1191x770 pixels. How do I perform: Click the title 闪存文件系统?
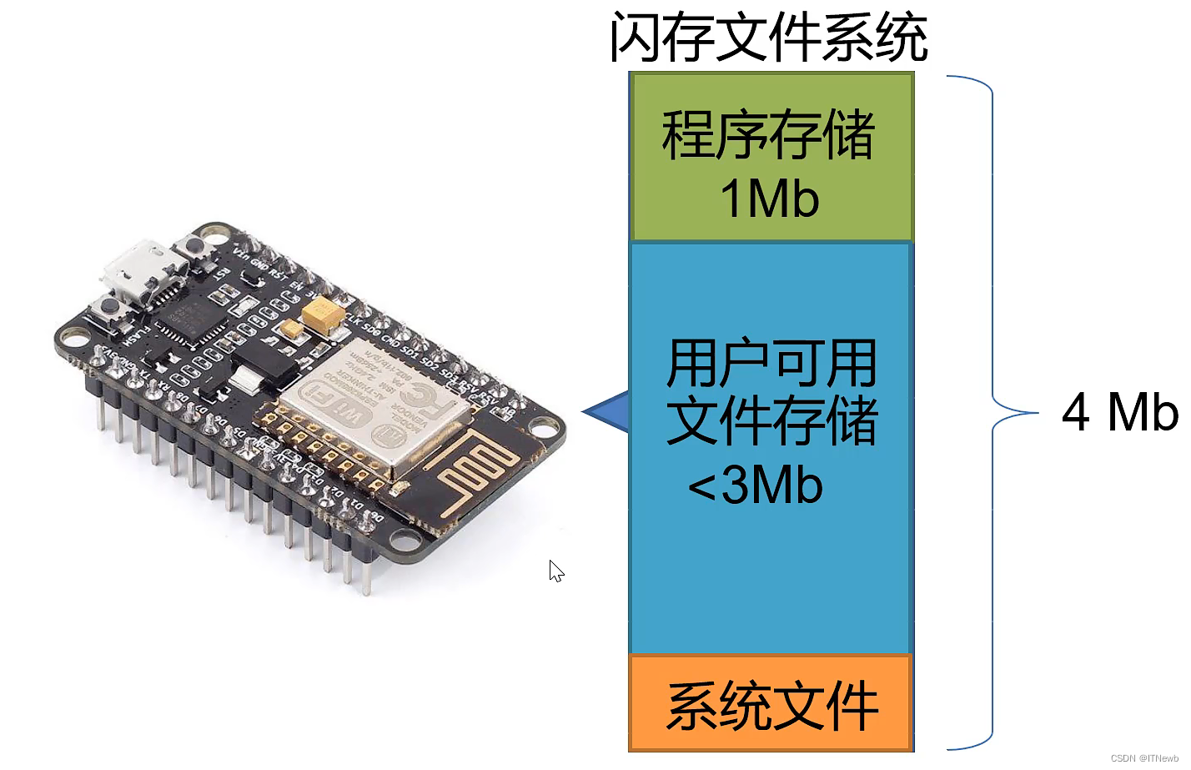tap(768, 38)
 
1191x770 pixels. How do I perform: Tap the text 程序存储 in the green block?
tap(768, 135)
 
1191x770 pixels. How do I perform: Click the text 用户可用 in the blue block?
tap(771, 364)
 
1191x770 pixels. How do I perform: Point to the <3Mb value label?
tap(756, 485)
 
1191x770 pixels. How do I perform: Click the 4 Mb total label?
tap(1119, 412)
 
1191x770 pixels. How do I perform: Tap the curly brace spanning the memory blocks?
tap(992, 413)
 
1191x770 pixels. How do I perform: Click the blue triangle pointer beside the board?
tap(609, 411)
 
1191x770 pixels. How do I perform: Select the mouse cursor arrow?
tap(556, 571)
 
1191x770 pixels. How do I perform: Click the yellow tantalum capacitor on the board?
tap(323, 315)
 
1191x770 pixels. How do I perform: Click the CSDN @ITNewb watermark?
tap(1144, 758)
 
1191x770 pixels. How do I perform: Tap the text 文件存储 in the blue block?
tap(771, 422)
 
